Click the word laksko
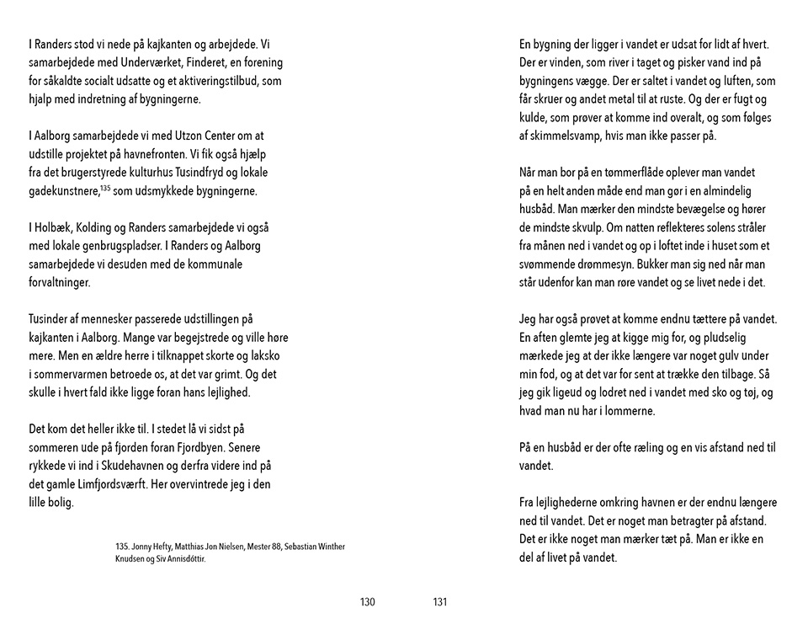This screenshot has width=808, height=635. coord(273,356)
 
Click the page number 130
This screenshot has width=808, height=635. coord(367,601)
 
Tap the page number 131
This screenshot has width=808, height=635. coord(439,601)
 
